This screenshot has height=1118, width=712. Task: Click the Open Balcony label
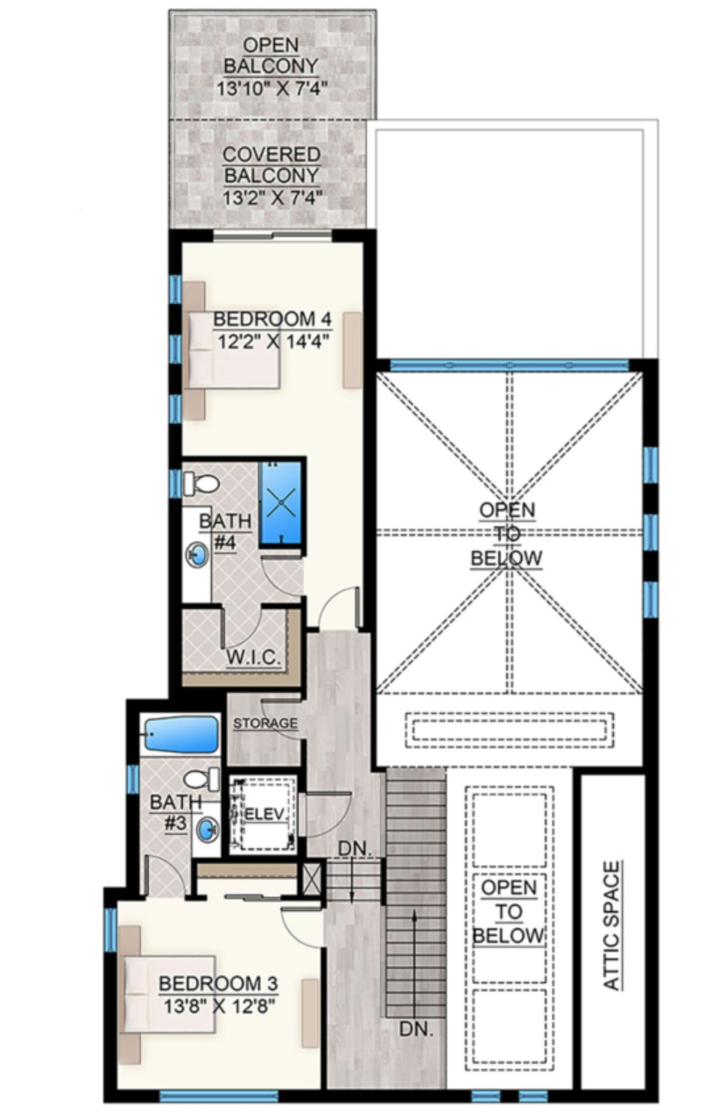[271, 55]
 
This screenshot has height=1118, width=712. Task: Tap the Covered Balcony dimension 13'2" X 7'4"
[272, 198]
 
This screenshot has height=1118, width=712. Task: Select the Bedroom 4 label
[272, 319]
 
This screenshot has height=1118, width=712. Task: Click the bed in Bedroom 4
[231, 350]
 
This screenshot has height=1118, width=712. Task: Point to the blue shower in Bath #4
[281, 503]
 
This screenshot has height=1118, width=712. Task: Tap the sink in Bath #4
[198, 555]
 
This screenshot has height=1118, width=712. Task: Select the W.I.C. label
[254, 657]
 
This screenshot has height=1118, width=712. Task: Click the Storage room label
[265, 723]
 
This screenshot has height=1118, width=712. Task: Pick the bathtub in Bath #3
[181, 735]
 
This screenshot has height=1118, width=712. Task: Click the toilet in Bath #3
[202, 780]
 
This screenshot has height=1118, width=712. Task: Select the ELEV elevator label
[265, 814]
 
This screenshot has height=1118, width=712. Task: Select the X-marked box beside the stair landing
[313, 880]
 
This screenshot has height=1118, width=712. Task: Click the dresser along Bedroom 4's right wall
[352, 350]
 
